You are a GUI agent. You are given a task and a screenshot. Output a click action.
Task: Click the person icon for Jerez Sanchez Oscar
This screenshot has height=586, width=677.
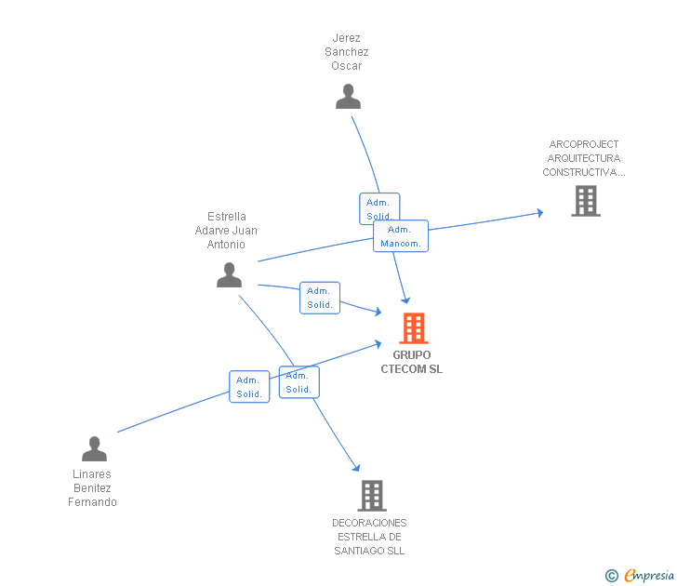point(348,97)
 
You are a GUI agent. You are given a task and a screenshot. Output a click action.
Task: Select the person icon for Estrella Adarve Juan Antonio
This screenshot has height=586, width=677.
point(229,275)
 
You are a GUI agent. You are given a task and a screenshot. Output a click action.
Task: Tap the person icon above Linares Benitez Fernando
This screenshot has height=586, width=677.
point(94,449)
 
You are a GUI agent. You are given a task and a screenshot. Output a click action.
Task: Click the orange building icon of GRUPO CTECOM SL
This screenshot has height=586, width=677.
point(413,328)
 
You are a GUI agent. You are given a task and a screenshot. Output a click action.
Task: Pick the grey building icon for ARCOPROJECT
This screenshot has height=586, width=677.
point(585,201)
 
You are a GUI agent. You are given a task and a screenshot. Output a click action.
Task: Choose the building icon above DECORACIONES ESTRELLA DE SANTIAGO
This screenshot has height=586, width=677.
point(371,496)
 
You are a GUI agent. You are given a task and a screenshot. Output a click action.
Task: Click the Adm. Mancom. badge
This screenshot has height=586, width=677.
point(401,236)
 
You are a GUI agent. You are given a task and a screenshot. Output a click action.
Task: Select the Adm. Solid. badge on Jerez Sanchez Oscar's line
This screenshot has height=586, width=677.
point(378,208)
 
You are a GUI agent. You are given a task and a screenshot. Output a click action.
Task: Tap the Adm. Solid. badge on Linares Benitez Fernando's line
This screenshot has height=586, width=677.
point(249,386)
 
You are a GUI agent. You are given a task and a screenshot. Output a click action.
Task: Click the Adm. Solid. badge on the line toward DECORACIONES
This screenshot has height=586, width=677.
point(299,382)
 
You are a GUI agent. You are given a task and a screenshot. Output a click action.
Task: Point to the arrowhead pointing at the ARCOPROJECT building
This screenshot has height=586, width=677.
point(538,213)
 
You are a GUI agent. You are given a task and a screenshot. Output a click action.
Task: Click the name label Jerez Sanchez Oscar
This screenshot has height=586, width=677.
point(347,52)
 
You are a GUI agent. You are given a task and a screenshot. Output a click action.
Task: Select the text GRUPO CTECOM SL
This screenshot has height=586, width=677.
point(412,362)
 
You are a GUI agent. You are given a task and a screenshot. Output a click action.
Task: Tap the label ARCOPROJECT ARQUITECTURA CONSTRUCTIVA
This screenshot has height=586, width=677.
point(584,158)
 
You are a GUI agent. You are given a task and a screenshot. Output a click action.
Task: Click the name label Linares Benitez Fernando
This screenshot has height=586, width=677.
point(92,488)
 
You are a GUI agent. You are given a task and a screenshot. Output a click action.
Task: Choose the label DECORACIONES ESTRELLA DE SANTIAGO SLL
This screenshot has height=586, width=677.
point(369,537)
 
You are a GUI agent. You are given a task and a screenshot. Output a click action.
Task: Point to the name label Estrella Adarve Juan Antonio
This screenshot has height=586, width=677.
point(226,231)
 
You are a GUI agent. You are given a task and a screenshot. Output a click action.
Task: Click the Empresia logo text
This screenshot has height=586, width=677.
point(649,576)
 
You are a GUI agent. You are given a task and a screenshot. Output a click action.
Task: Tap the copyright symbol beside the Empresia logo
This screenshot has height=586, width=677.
point(612,577)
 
